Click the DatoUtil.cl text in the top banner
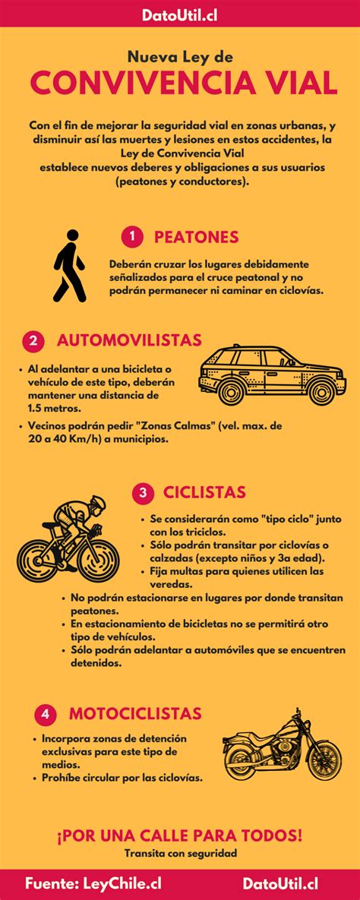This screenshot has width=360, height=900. (180, 14)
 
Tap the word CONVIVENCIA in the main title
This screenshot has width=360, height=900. (143, 84)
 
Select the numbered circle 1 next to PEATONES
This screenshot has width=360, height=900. (132, 236)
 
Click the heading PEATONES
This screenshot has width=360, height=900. (197, 237)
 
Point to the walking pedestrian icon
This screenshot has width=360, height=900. (69, 266)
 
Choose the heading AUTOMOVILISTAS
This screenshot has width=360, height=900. (129, 340)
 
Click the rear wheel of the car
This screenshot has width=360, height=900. (232, 391)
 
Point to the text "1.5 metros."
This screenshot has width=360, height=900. (54, 408)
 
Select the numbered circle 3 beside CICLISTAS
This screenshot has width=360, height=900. (142, 493)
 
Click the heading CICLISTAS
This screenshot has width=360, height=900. (204, 492)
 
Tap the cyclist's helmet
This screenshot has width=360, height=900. (98, 502)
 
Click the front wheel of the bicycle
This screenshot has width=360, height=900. (98, 559)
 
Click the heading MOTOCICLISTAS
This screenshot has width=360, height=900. (135, 713)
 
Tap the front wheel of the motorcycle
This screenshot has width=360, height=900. (324, 759)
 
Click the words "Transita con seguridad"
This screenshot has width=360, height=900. (181, 854)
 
